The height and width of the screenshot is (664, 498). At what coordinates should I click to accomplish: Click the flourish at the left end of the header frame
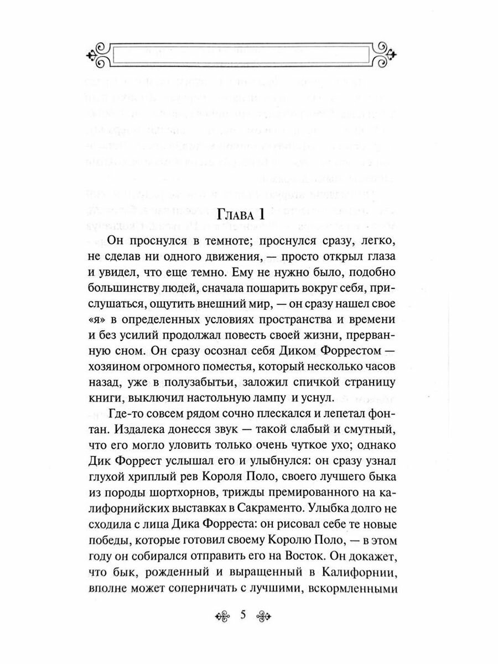pyautogui.click(x=98, y=54)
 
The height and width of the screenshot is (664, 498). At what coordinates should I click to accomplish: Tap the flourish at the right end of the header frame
pyautogui.click(x=386, y=54)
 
